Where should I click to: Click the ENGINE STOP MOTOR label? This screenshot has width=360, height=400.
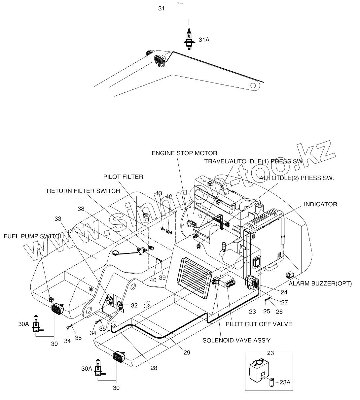point(184,153)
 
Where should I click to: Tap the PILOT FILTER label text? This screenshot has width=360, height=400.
point(123,177)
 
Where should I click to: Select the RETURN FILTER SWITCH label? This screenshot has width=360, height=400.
point(83,191)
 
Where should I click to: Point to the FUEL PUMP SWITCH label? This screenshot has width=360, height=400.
point(33,236)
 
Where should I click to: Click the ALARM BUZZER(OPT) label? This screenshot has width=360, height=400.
point(320,283)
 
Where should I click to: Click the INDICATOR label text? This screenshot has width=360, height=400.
point(321,204)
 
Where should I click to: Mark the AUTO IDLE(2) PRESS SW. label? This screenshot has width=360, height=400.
point(297,178)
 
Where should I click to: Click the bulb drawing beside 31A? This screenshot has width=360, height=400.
point(188,39)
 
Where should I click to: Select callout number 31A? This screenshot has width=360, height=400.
point(204,40)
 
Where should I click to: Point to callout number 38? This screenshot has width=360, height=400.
point(81,209)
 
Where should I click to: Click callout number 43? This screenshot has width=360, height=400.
point(159,193)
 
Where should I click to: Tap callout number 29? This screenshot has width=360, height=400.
point(187,352)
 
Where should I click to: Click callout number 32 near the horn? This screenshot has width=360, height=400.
point(134,305)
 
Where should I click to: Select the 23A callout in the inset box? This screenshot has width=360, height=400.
point(285,383)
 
